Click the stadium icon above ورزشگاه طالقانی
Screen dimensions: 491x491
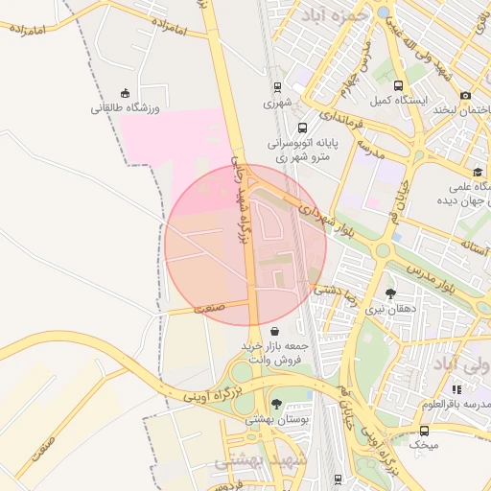coord(126,92)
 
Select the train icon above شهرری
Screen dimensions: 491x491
coord(277,86)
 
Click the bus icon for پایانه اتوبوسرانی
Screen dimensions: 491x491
coord(302,128)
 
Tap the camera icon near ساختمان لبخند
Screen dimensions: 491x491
coord(466,95)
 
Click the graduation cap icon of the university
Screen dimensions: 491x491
coord(478,173)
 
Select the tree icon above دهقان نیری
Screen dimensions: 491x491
coord(390,293)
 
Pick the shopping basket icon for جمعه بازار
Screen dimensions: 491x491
coord(276,332)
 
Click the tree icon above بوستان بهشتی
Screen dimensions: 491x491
coord(276,404)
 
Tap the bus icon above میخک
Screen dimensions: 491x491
coord(424,431)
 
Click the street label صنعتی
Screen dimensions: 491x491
coord(209,309)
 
